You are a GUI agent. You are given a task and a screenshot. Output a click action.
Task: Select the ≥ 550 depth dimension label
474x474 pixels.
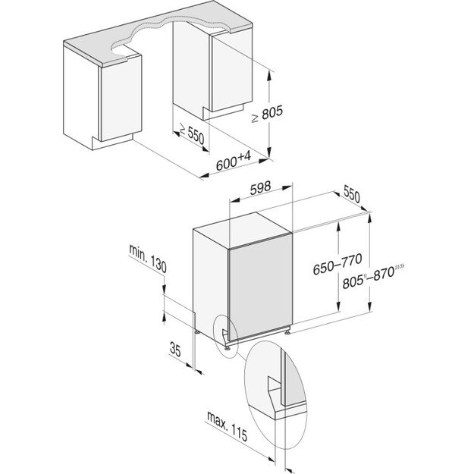pos(189,134)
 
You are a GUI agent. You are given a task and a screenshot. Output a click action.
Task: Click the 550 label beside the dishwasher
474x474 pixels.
pos(351,196)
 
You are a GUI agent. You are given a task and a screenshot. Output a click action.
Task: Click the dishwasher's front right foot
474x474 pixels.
pos(289,331)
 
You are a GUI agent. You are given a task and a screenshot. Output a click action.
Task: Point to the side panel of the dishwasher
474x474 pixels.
pos(210,280)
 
